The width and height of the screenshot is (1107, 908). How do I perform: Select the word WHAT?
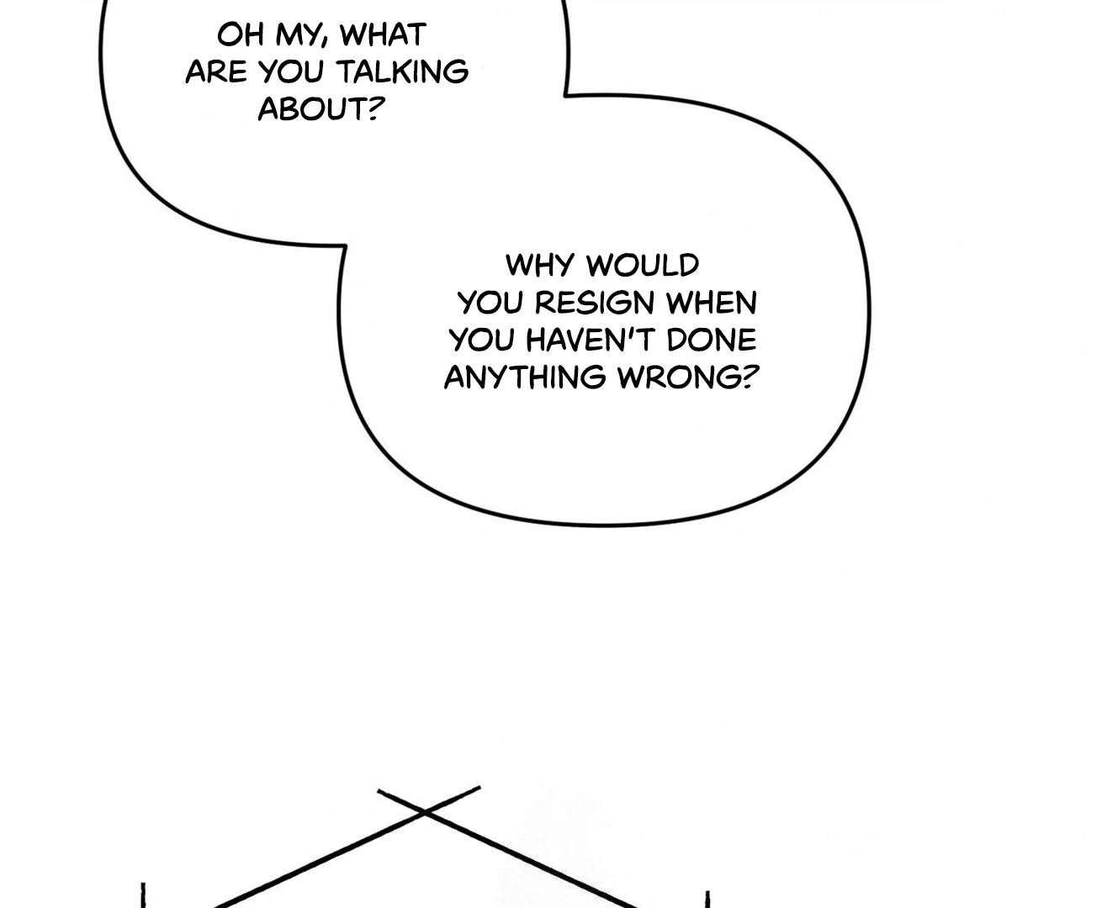click(x=383, y=35)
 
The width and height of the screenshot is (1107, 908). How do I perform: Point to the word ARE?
click(x=215, y=71)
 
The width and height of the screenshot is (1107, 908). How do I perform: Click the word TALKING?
click(x=402, y=71)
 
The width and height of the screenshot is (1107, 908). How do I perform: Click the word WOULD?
click(x=643, y=266)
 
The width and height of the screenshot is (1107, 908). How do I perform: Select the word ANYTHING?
click(x=525, y=377)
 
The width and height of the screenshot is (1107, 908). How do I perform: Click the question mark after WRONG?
click(x=749, y=377)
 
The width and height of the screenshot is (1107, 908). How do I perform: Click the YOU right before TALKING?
click(x=291, y=71)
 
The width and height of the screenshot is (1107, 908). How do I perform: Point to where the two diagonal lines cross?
click(x=424, y=812)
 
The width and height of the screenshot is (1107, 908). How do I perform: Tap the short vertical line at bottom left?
click(x=143, y=895)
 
